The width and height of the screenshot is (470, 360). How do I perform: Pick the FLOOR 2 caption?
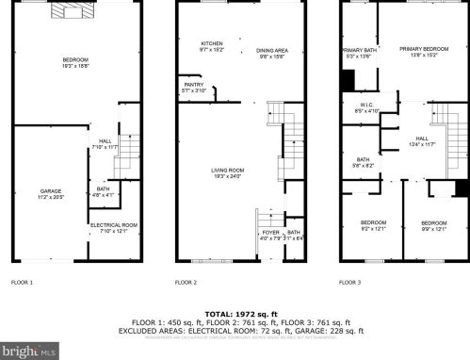tap(186, 282)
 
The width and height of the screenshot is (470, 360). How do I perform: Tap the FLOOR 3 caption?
tap(352, 282)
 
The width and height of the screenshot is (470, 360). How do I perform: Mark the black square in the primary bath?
tap(346, 78)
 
